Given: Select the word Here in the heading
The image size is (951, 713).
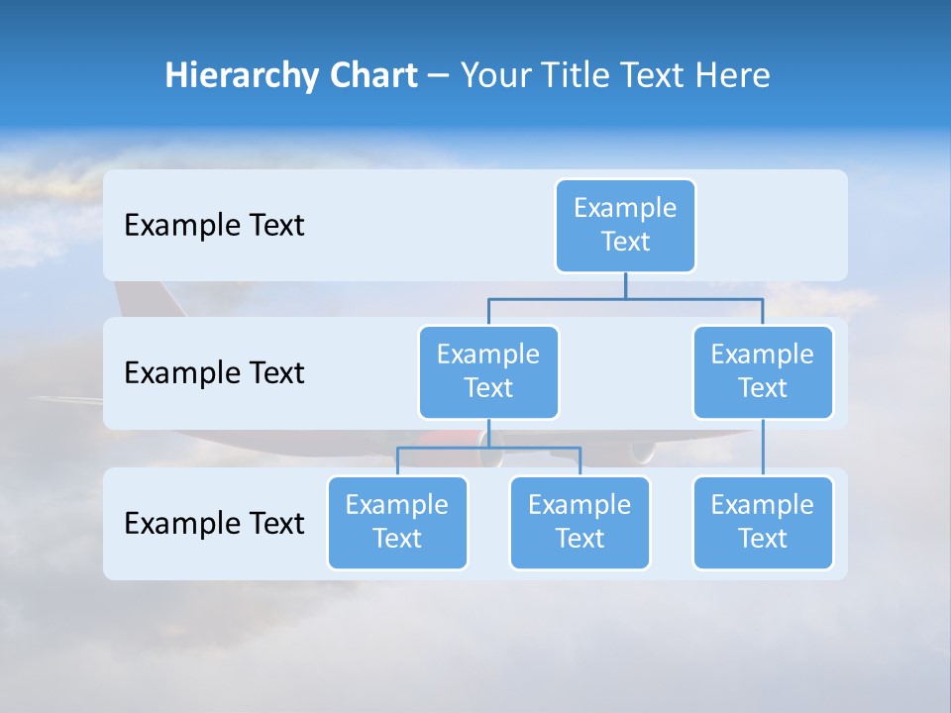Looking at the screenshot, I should click(x=731, y=76).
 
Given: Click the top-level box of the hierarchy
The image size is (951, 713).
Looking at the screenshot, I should click(x=625, y=226).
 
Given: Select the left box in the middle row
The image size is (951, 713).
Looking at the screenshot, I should click(x=488, y=372).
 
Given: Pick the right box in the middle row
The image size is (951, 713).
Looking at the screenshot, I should click(x=763, y=372).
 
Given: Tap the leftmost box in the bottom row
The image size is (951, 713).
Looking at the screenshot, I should click(x=397, y=523).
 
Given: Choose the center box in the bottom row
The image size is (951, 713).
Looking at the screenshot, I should click(x=580, y=523).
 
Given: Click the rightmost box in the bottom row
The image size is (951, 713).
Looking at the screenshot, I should click(x=763, y=523).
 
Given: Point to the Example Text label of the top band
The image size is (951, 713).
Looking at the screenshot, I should click(x=214, y=226).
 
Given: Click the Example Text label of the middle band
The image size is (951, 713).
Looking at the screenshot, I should click(x=214, y=373).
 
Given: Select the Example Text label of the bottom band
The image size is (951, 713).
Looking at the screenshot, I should click(x=214, y=523).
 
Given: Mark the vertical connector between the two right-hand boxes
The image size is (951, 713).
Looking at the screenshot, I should click(x=763, y=448).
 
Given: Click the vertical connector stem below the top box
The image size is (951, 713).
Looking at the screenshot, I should click(x=625, y=285).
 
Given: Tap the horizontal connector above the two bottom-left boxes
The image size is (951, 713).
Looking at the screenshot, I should click(x=488, y=448).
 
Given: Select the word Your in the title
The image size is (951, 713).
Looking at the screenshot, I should click(x=495, y=76).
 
